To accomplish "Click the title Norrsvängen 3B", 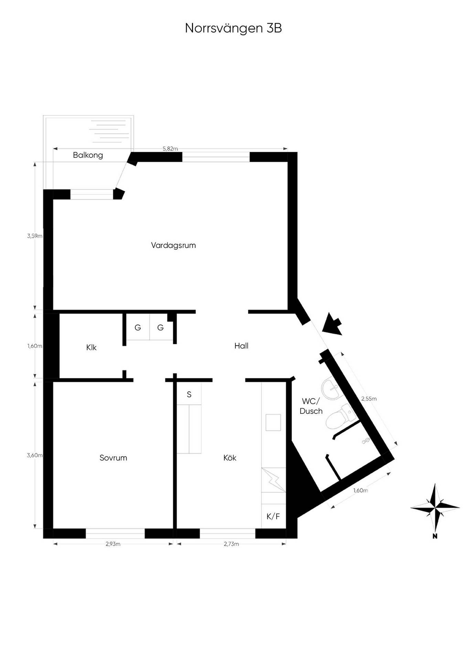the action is click(233, 28).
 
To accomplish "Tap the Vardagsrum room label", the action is click(173, 245).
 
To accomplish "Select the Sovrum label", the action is click(113, 458).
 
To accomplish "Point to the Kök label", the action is click(230, 458).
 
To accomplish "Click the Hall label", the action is click(241, 346).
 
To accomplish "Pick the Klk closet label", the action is click(91, 347).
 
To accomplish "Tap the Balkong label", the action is click(88, 155).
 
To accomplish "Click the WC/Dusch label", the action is click(311, 406).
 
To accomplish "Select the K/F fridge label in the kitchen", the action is click(273, 516).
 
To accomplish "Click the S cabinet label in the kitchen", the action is click(189, 395).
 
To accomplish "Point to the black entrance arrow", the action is click(332, 324).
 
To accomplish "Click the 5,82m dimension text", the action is click(170, 149).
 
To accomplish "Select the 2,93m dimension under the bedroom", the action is click(113, 544).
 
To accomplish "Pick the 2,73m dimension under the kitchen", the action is click(231, 544).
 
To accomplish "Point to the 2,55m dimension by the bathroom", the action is click(369, 399).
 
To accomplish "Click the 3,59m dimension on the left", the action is click(35, 236).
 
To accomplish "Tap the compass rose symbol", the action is click(435, 507).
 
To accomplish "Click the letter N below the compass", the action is click(435, 536).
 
